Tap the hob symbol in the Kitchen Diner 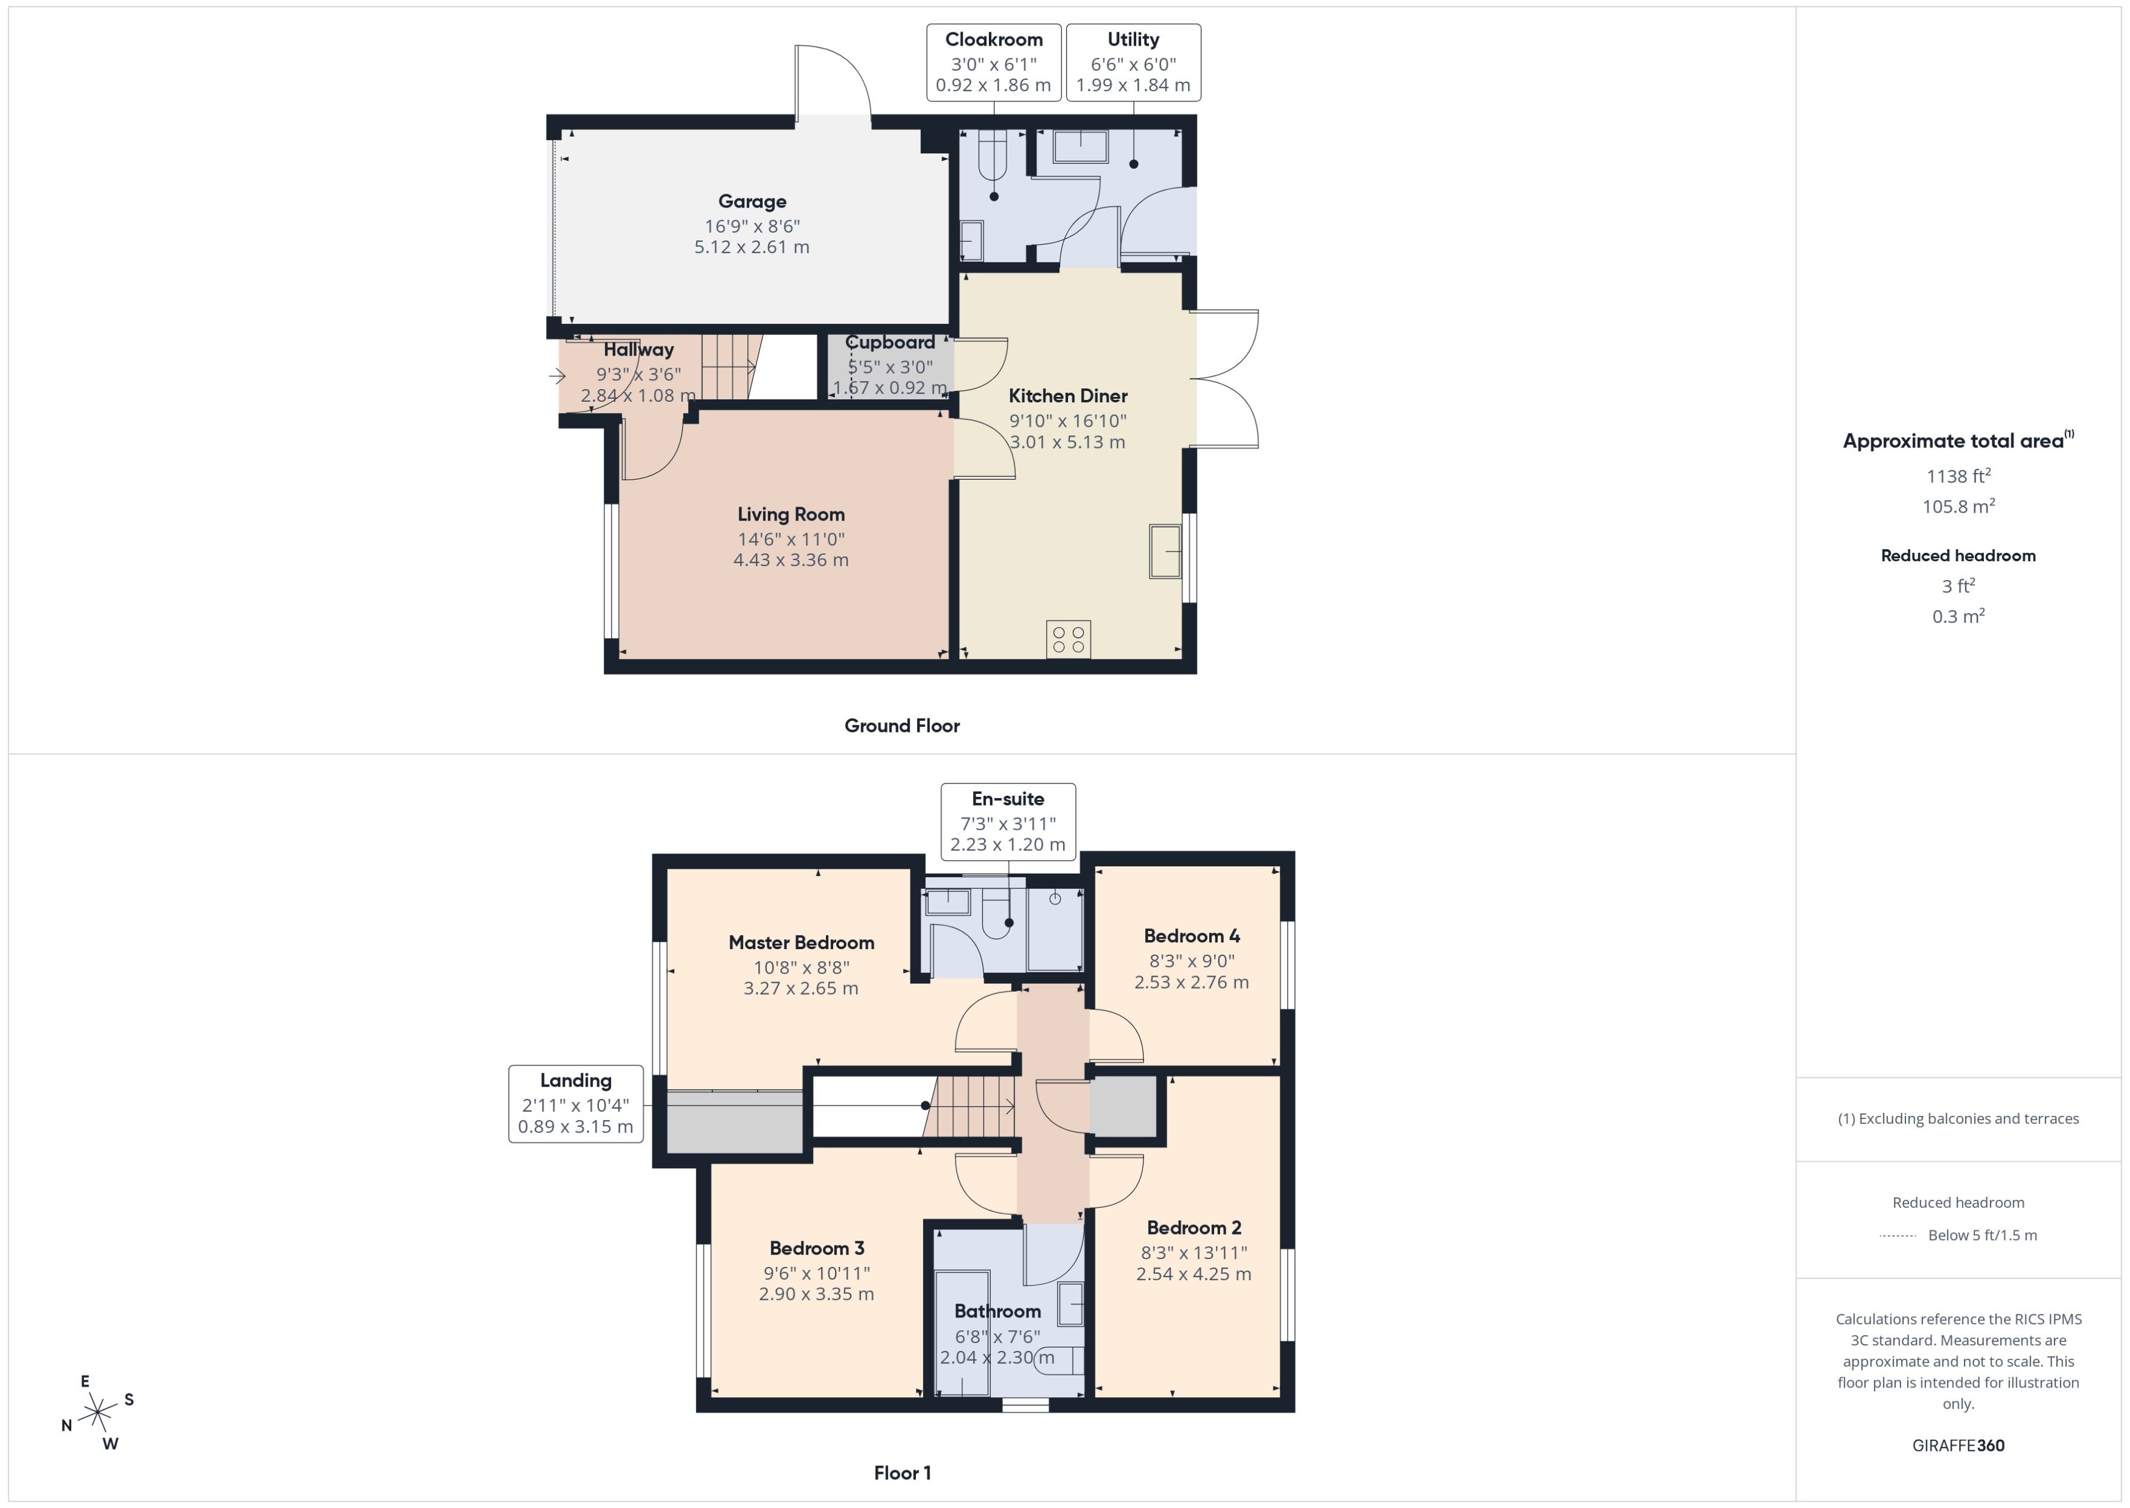pyautogui.click(x=1067, y=639)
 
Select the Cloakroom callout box pyautogui.click(x=993, y=62)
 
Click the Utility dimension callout pyautogui.click(x=1133, y=62)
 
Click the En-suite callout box pyautogui.click(x=1008, y=822)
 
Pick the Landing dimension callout pyautogui.click(x=576, y=1103)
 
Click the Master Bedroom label pyautogui.click(x=801, y=942)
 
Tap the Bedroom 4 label pyautogui.click(x=1191, y=936)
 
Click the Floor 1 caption pyautogui.click(x=902, y=1473)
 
